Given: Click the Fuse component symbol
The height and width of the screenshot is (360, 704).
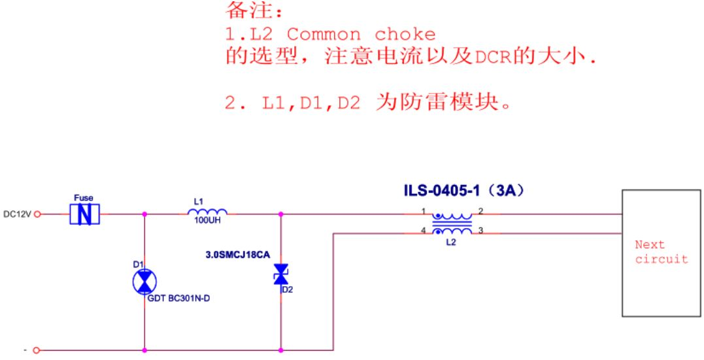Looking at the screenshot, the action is click(84, 214).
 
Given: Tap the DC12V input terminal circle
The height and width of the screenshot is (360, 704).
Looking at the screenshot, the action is click(37, 214).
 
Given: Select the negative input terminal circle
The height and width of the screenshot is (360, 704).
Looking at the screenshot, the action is click(37, 350).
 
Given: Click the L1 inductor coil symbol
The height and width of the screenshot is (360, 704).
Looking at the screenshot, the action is click(207, 212).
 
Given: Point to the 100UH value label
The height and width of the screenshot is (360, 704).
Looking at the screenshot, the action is click(207, 221).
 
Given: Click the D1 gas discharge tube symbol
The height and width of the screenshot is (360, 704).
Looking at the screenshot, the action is click(144, 282).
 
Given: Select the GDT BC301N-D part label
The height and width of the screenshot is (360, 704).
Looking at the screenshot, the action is click(178, 299).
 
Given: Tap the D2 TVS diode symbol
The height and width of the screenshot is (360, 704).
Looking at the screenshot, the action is click(281, 274).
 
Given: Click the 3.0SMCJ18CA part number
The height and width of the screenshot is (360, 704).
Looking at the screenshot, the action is click(237, 255).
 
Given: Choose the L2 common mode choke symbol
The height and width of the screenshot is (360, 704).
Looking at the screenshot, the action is click(452, 223).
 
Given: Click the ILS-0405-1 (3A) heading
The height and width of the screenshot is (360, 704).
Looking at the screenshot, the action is click(464, 191).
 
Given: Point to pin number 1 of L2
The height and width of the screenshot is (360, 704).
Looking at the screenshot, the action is click(423, 210).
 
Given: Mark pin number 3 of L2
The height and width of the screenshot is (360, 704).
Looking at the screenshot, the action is click(480, 230).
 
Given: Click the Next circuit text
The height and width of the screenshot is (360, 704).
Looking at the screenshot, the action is click(661, 252).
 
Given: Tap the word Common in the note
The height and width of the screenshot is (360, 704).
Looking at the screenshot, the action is click(324, 35).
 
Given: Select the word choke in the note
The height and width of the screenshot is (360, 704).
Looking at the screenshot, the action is click(405, 35).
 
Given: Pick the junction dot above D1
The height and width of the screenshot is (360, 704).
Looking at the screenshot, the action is click(144, 214).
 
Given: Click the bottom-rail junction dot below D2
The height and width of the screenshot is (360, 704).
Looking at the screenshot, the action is click(281, 350).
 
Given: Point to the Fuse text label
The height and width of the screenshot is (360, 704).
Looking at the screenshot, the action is click(84, 198).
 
